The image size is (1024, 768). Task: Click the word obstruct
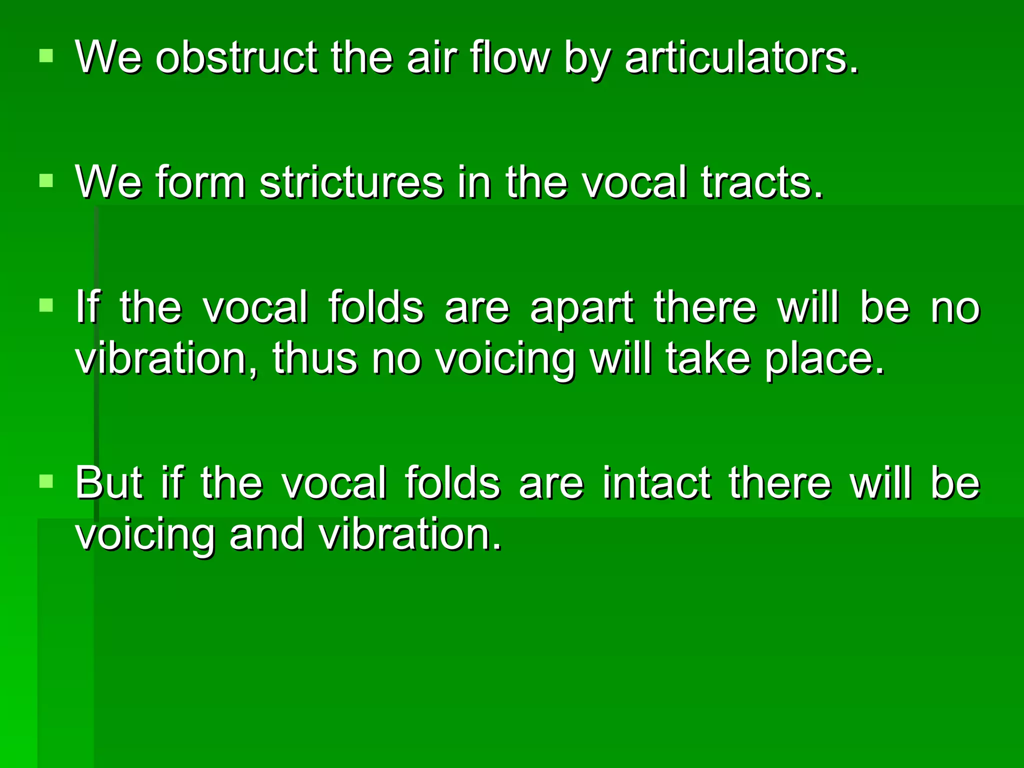coord(236,58)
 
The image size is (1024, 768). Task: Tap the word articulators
coord(741,58)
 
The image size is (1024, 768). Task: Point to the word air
coord(431,58)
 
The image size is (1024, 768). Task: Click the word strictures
coord(351,182)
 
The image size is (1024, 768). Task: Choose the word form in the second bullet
coord(200,182)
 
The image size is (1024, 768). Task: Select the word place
coord(825,360)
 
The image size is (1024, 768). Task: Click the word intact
coord(656,483)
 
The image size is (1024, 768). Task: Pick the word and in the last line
coord(266,534)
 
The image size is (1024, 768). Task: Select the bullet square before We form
coord(46,180)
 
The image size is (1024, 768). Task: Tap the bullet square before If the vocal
coord(46,304)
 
